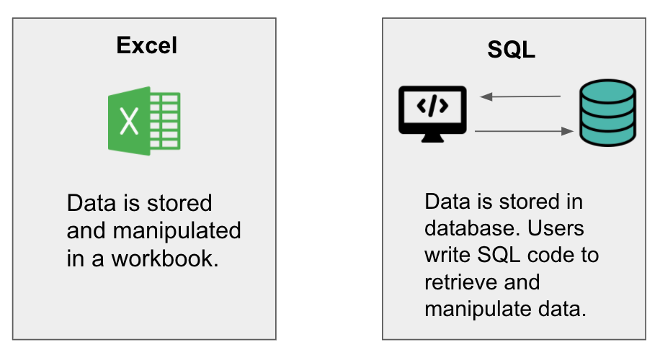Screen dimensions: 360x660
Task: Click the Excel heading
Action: click(x=147, y=46)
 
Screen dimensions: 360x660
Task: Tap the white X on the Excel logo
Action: click(x=129, y=121)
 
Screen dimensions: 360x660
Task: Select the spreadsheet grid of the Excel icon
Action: click(x=165, y=120)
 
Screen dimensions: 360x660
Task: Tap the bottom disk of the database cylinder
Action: click(x=608, y=133)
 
